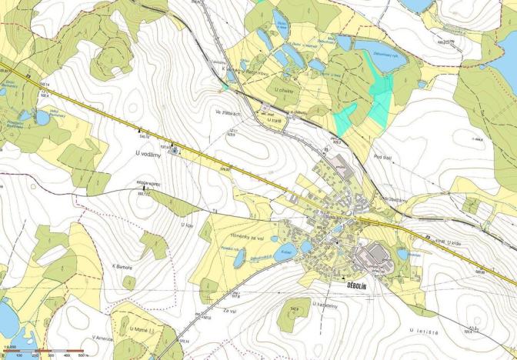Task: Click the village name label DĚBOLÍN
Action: (352, 285)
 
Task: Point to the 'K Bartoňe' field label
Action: (123, 267)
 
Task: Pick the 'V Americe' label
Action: (103, 338)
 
